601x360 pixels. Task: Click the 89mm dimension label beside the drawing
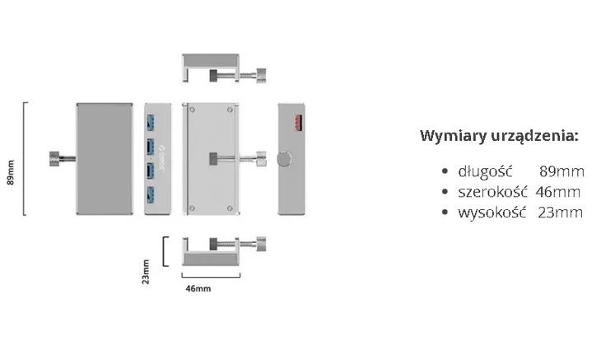(11, 172)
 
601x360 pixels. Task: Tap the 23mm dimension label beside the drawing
(146, 272)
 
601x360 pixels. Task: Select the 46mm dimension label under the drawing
(198, 288)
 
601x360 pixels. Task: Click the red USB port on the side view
(299, 123)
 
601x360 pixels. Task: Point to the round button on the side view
(284, 159)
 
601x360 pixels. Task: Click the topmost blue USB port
(150, 122)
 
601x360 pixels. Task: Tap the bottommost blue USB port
(150, 194)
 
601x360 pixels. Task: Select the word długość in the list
(485, 171)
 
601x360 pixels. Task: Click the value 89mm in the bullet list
(561, 171)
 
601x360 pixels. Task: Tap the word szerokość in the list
(492, 192)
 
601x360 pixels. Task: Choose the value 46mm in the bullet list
(558, 192)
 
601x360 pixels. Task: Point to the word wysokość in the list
(492, 213)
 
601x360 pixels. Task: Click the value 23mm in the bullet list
(560, 213)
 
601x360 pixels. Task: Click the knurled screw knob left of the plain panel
(55, 159)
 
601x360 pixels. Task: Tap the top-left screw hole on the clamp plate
(193, 110)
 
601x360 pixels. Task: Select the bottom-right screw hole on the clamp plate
(230, 208)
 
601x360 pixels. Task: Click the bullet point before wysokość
(445, 212)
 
